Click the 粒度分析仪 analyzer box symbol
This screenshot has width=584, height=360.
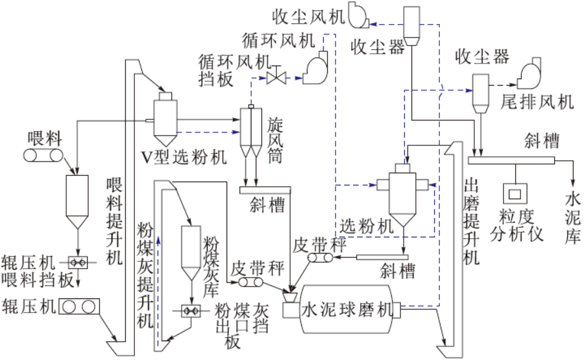[517, 193]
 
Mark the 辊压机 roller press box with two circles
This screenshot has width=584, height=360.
[79, 306]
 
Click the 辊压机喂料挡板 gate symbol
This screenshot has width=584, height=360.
[79, 262]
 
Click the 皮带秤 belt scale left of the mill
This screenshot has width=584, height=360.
[247, 283]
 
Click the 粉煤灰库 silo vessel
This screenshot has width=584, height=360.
[190, 250]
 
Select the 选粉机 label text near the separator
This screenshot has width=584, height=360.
[367, 226]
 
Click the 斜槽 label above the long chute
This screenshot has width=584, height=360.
[542, 139]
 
